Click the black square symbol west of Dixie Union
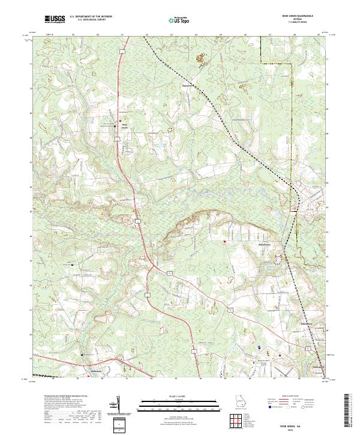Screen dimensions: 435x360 (115, 127)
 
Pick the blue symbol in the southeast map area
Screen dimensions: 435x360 (259, 346)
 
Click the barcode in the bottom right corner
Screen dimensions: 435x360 (347, 412)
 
